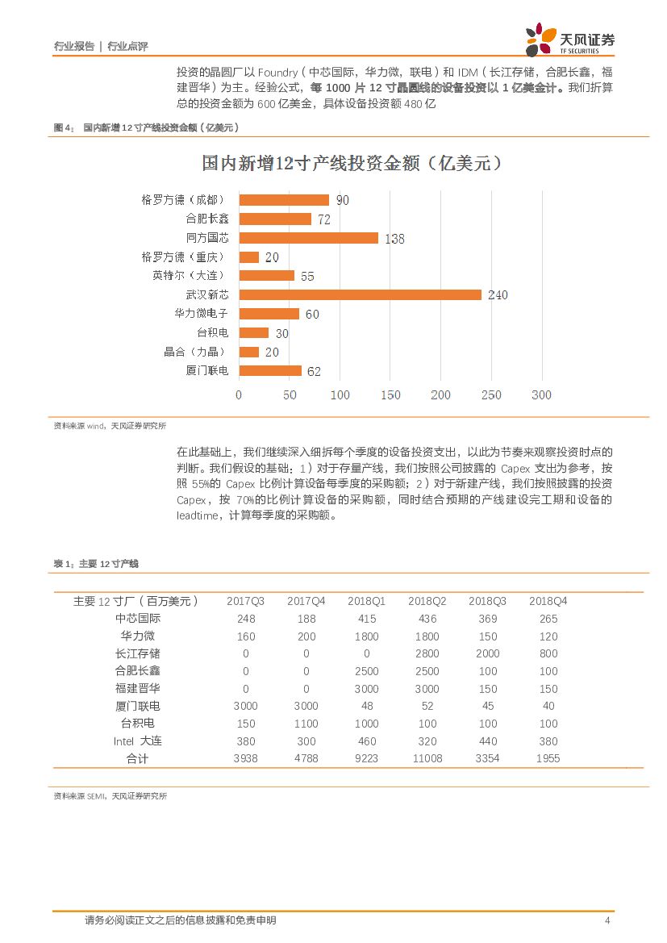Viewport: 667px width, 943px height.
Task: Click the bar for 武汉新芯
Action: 360,294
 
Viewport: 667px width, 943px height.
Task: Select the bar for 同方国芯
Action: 308,238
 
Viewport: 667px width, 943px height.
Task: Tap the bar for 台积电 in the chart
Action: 253,332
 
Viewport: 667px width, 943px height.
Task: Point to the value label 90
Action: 342,200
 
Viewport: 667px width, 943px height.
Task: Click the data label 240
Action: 497,295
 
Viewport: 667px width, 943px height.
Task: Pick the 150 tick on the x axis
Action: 390,395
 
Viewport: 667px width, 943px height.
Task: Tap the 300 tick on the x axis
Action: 541,395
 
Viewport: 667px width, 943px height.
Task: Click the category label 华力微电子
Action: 201,314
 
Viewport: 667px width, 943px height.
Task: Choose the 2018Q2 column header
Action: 427,601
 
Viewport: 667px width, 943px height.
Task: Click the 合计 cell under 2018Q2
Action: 427,759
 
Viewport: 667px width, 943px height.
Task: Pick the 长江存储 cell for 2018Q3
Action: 488,653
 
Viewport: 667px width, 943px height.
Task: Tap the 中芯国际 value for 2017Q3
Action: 246,619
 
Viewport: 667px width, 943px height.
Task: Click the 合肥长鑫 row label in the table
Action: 138,671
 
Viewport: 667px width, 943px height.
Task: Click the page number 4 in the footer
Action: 607,920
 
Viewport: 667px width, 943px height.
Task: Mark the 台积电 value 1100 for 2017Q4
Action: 306,724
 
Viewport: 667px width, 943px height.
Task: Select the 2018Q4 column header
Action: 548,601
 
